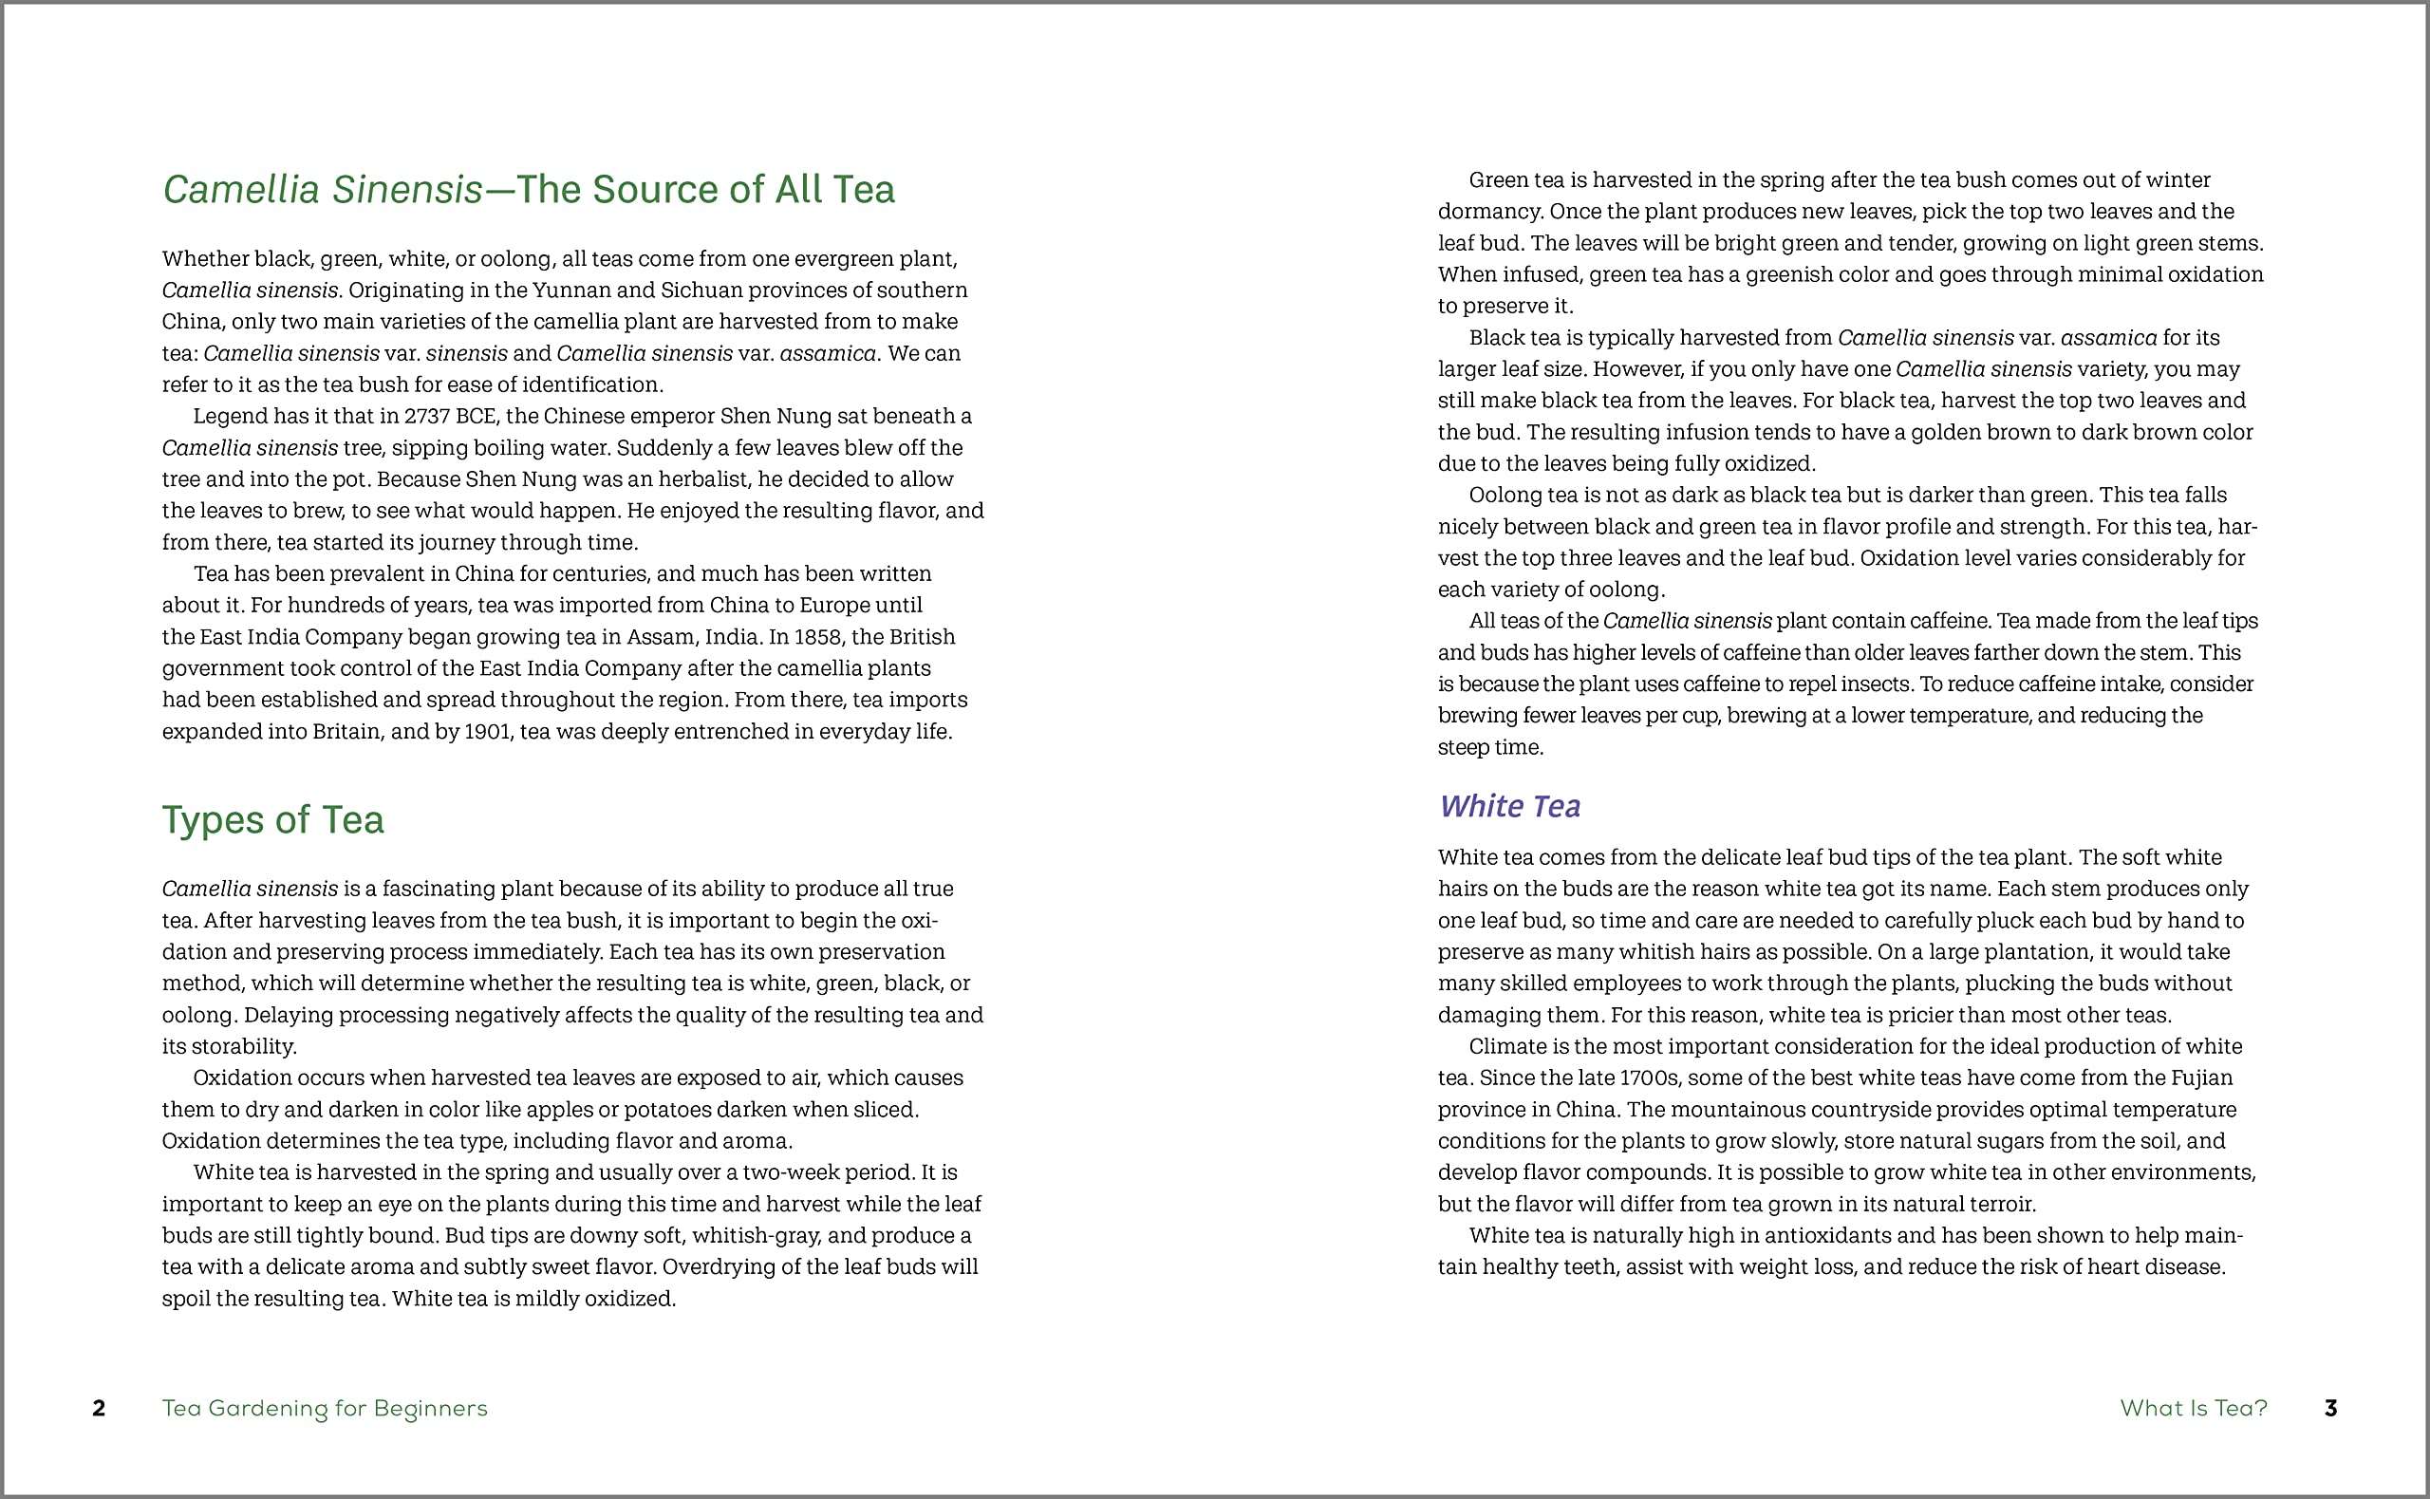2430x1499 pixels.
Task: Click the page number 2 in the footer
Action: pos(99,1408)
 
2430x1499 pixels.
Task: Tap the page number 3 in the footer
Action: pos(2331,1408)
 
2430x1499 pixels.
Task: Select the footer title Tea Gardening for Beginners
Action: pos(324,1408)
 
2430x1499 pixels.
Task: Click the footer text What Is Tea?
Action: pos(2193,1408)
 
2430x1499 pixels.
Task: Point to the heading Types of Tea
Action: pos(272,820)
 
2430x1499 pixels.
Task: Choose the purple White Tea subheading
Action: pos(1509,806)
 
